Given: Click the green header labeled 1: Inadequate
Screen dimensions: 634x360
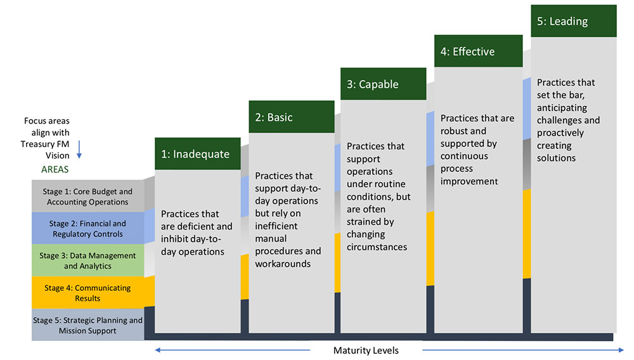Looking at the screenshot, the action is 198,153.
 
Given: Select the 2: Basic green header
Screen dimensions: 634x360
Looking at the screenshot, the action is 292,117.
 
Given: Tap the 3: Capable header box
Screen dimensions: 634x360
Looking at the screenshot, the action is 384,84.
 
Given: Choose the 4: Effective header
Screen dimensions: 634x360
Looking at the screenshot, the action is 478,51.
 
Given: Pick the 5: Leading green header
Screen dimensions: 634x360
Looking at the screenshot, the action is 574,21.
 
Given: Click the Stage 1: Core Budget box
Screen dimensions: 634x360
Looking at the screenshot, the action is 87,196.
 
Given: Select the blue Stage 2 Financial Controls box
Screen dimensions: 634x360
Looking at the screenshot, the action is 87,228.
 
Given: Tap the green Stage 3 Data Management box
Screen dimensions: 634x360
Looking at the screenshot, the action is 87,260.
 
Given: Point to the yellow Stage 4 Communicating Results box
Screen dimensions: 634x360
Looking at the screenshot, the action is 87,293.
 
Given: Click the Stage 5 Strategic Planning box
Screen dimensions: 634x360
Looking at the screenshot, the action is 87,325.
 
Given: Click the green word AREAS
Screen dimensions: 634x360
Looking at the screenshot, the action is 55,169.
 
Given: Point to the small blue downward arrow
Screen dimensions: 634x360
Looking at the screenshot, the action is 79,149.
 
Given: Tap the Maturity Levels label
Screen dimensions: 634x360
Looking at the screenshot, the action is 366,350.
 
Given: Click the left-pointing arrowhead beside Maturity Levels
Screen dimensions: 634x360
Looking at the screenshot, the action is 158,350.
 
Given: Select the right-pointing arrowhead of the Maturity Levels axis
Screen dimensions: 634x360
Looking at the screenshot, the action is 621,350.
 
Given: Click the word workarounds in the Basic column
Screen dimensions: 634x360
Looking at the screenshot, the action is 283,264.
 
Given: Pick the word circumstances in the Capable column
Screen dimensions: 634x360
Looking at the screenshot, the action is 377,247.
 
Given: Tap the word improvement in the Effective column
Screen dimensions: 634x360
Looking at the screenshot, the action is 469,181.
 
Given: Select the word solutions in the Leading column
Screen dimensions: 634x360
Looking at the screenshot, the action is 556,158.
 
